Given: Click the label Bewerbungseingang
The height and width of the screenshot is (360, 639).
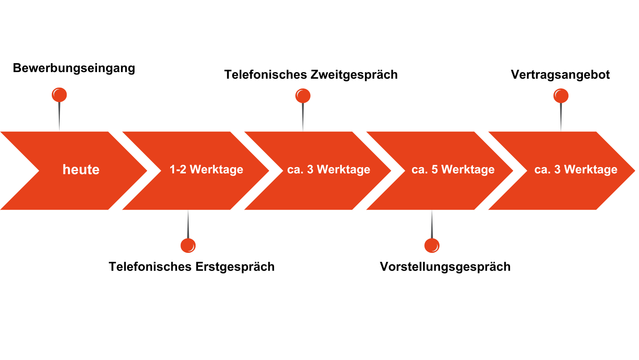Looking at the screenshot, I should click(x=74, y=68).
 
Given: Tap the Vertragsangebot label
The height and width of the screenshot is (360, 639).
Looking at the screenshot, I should click(x=560, y=75).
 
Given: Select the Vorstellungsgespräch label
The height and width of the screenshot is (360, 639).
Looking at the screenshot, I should click(x=445, y=267).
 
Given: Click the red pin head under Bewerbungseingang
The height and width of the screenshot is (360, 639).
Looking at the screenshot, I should click(x=59, y=95).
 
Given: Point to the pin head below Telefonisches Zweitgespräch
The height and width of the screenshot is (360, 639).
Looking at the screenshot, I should click(x=303, y=96).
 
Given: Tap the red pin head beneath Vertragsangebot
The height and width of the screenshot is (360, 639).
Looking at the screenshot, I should click(x=561, y=96).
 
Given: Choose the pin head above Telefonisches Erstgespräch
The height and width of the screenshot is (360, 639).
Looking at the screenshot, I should click(x=188, y=245).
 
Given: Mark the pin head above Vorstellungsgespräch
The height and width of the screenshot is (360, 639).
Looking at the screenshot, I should click(x=432, y=246).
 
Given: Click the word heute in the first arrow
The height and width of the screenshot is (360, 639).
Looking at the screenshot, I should click(x=81, y=170).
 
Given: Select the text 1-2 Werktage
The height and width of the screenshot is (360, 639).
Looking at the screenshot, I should click(x=206, y=169).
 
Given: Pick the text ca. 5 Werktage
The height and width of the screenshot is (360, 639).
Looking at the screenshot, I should click(x=453, y=169).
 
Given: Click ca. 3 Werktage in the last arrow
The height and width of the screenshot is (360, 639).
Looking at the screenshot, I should click(x=575, y=169).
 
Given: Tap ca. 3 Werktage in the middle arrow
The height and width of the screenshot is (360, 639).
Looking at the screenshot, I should click(x=328, y=169).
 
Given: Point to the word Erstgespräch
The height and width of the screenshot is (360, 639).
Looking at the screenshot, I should click(x=235, y=267).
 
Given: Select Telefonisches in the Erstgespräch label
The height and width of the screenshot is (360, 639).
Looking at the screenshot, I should click(x=150, y=267).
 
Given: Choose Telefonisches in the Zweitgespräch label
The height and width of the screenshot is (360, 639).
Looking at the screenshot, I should click(x=265, y=75).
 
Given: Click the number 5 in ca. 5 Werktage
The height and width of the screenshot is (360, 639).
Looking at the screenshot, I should click(x=434, y=169).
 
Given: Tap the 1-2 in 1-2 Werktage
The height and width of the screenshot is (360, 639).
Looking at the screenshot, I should click(x=178, y=169).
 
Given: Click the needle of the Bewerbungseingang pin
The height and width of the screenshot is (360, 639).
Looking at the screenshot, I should click(x=59, y=117).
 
